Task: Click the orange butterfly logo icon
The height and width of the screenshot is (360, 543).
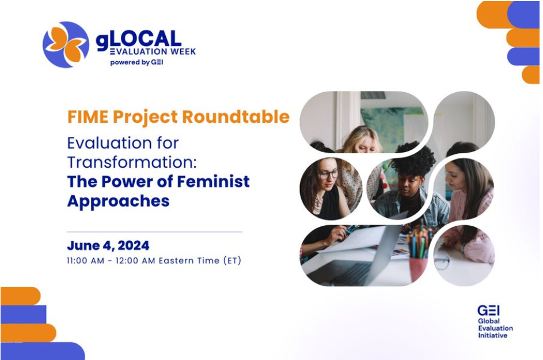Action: tap(66, 44)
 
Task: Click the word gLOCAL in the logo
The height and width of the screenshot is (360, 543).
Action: tap(139, 39)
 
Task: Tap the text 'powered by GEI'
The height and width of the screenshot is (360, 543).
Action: tap(136, 62)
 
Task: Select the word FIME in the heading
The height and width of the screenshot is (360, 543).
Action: tap(88, 117)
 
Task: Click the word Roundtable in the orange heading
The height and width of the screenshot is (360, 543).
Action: tap(236, 116)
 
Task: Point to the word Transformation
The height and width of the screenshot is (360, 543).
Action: tap(132, 162)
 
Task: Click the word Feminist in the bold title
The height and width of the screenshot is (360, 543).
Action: tap(213, 181)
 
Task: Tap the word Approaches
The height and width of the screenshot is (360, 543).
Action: tap(119, 201)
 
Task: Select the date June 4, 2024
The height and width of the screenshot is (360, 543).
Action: tap(108, 245)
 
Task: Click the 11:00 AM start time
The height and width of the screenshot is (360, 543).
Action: tap(86, 260)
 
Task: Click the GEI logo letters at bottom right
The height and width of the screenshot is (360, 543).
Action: tap(488, 310)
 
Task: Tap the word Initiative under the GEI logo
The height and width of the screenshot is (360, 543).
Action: tap(493, 335)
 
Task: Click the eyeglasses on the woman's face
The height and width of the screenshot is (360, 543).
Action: tap(328, 174)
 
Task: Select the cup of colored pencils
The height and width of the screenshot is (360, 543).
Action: tap(419, 255)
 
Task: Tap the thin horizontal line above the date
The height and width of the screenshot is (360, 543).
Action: tap(154, 232)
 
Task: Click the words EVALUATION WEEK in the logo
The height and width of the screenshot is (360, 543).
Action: tap(153, 52)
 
